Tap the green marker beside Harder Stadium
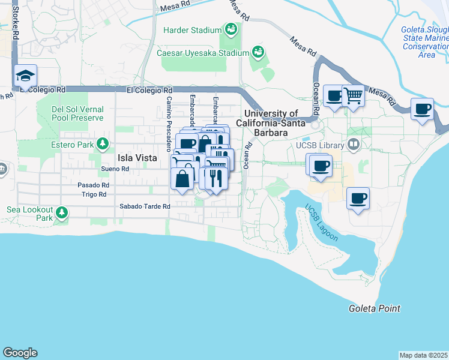coord(231,29)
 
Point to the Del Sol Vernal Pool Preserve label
coord(77,114)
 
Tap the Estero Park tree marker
coord(103,144)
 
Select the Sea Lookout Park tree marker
coord(61,212)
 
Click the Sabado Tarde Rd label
coord(145,206)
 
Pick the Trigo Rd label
coord(94,194)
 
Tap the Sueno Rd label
coord(115,169)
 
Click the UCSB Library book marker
coord(354,145)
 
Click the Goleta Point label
coord(374,308)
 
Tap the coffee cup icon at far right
coord(423,109)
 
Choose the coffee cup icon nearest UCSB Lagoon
coord(358,198)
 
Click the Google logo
coord(20,353)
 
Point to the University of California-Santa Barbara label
coord(271,118)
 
